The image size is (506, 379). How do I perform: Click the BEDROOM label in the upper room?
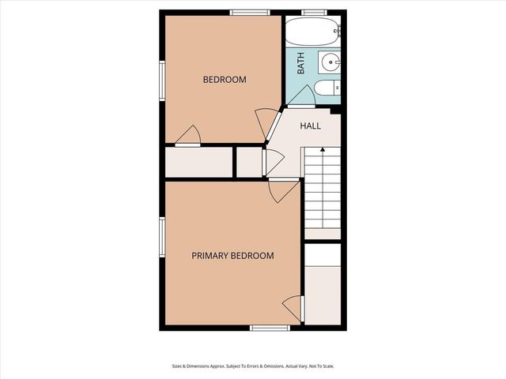(225, 80)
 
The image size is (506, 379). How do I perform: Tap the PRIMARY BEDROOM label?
(233, 256)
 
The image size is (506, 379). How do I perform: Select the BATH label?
(301, 63)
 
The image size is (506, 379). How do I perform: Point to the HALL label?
(310, 126)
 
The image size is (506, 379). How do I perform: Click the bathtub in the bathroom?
(312, 32)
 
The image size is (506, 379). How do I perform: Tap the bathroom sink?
(330, 61)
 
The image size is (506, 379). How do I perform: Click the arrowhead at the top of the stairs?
(323, 149)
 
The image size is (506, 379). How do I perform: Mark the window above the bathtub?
(314, 12)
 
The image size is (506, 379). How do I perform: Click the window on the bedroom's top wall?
(250, 12)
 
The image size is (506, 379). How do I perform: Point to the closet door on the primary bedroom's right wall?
(293, 307)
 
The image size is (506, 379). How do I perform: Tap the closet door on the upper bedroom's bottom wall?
(187, 137)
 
